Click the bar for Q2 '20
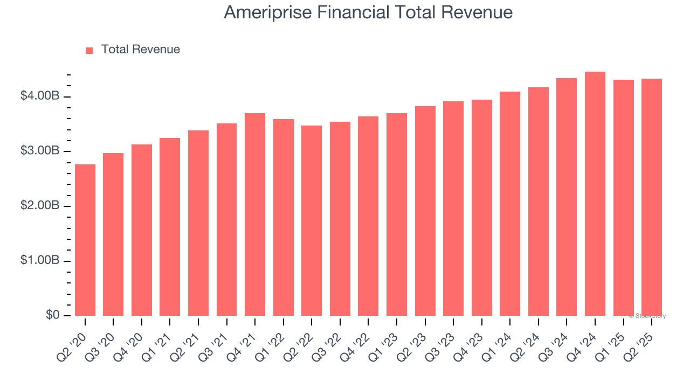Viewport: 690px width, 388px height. [85, 240]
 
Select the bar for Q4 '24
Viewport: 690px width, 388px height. [595, 193]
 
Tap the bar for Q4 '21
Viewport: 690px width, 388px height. [255, 214]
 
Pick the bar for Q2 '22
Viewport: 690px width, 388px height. [312, 220]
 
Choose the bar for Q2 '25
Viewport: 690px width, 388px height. [652, 197]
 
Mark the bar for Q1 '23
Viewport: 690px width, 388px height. [397, 214]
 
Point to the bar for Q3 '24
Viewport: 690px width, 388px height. [567, 197]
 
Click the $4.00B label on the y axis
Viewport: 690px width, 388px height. [40, 96]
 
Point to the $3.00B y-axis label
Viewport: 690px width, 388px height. [40, 151]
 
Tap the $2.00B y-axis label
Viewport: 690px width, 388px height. [40, 206]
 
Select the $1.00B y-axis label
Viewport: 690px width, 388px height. [40, 261]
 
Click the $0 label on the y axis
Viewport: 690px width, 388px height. [52, 315]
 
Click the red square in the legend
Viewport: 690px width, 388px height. [89, 50]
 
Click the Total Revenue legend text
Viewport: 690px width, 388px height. [141, 50]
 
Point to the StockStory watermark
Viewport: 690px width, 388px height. [647, 316]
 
